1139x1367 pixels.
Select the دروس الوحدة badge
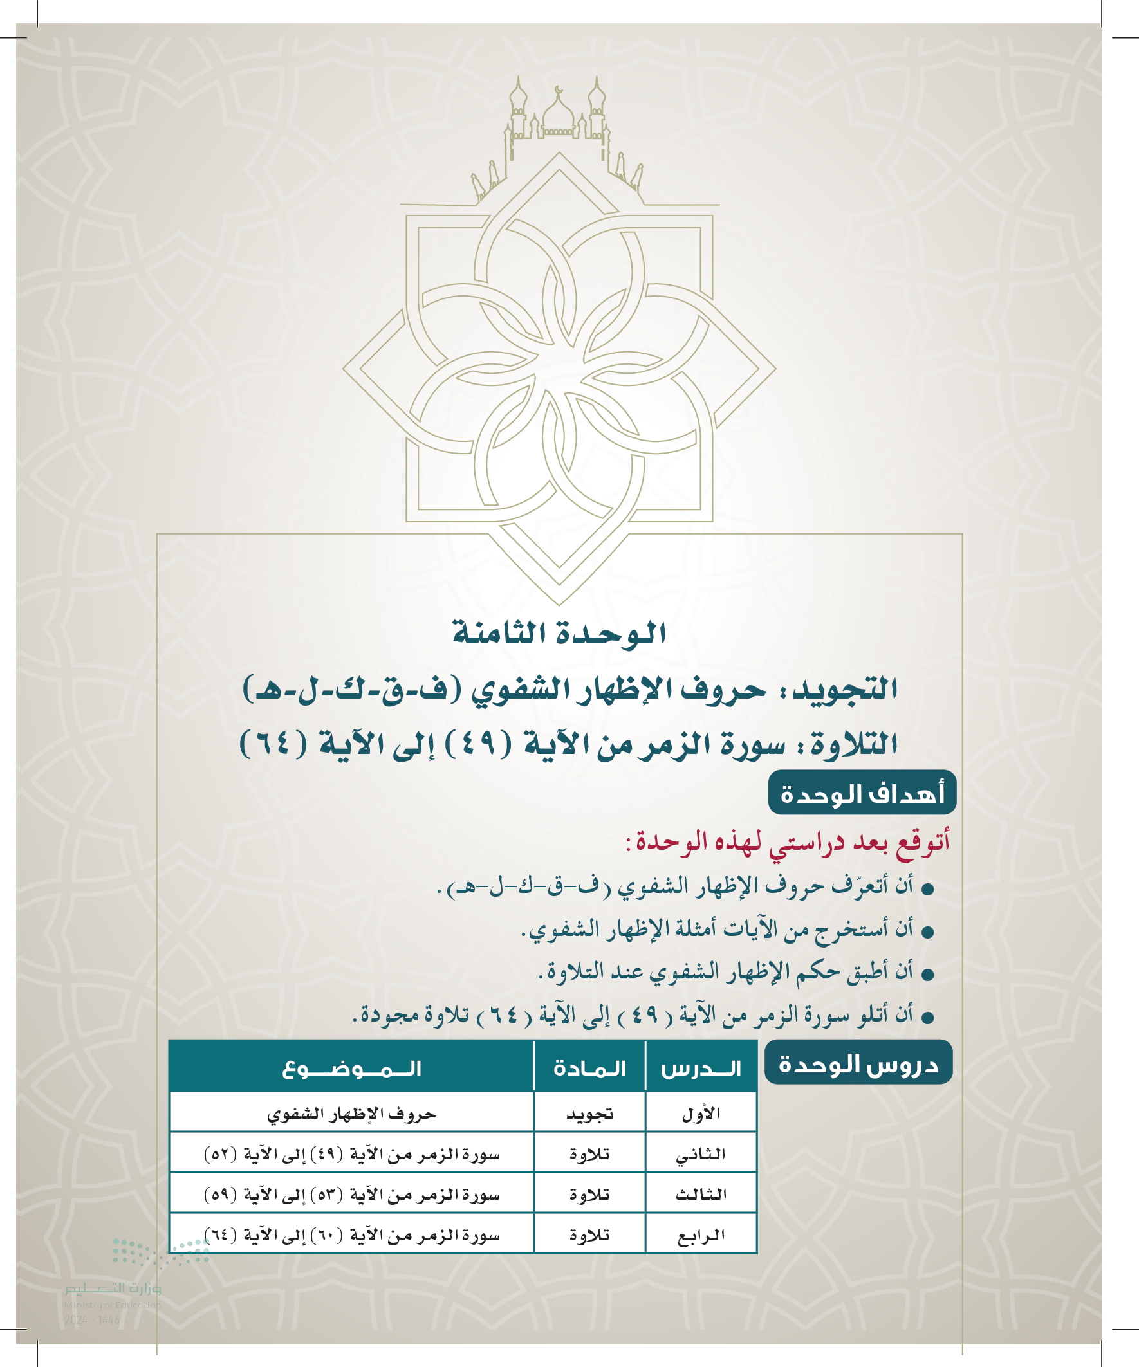tap(858, 1064)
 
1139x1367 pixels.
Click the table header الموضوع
tap(351, 1069)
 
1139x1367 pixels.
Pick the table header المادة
tap(589, 1069)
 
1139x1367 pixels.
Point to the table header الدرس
tap(701, 1069)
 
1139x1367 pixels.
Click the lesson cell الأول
tap(701, 1114)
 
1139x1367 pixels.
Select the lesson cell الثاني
tap(701, 1154)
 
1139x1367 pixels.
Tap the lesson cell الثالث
tap(701, 1195)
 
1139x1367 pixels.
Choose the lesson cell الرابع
tap(701, 1235)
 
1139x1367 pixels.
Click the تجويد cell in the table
tap(589, 1114)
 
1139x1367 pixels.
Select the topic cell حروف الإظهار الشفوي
tap(351, 1114)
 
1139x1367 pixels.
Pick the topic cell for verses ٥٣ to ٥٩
tap(351, 1195)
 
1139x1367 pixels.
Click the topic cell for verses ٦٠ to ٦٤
tap(351, 1235)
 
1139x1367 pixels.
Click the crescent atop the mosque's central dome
tap(558, 89)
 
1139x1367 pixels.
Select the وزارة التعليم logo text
tap(113, 1289)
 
